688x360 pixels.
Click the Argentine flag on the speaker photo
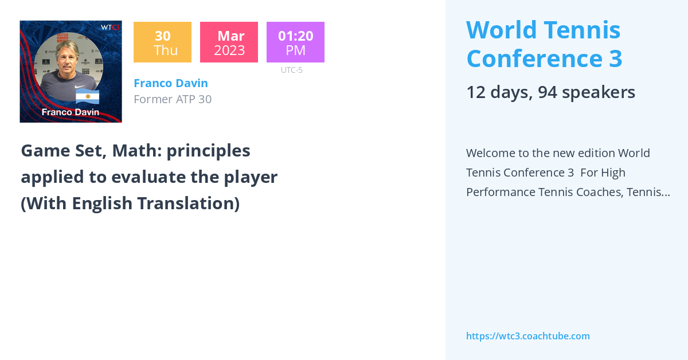87,97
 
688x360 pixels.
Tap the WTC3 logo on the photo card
110,27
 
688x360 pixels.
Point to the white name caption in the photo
70,112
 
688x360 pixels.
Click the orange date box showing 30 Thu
162,42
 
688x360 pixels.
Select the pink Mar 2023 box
229,42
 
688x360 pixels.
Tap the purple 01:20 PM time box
295,42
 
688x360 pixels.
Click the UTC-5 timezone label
291,70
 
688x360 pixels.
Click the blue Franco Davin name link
170,83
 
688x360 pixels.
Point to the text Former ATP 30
172,99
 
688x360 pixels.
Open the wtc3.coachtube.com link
527,336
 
